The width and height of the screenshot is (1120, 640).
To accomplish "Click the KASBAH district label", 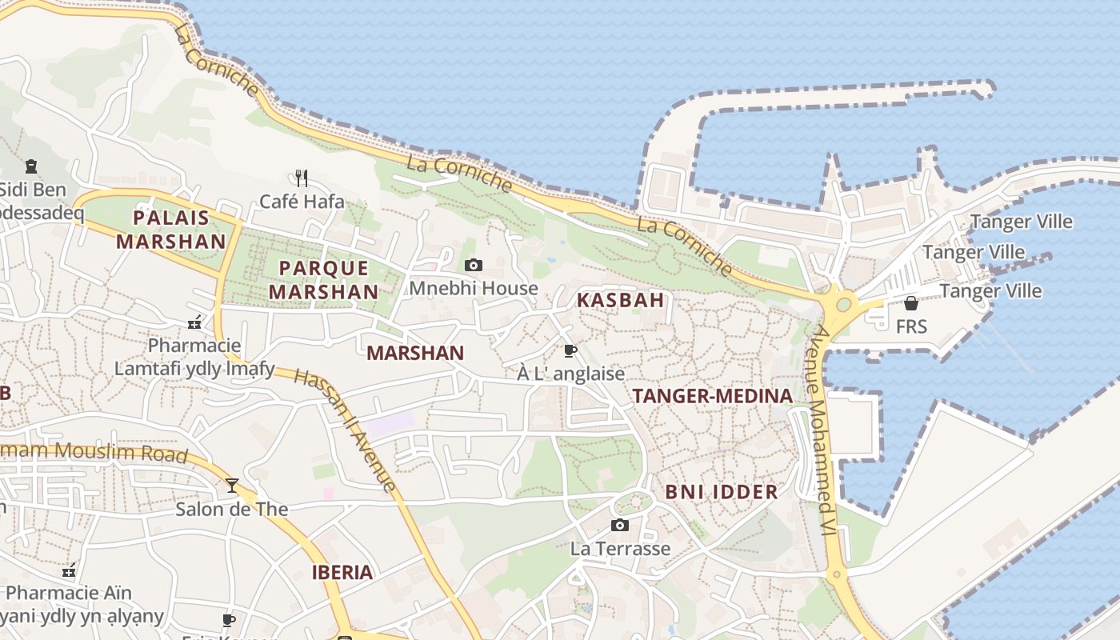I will click(621, 301).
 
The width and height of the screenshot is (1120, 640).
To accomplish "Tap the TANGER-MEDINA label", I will click(712, 396).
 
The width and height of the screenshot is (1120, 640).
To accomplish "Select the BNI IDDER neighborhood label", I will click(722, 492).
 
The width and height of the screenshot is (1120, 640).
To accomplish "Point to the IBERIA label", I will click(342, 572).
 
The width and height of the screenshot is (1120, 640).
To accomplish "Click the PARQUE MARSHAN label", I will click(323, 280).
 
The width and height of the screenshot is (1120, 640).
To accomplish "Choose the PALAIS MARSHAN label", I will click(171, 230).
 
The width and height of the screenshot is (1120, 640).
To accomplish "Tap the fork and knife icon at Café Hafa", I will click(302, 178).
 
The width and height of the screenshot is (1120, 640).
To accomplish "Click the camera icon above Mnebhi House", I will click(474, 265).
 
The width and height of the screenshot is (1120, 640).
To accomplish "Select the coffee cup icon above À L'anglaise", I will click(570, 350).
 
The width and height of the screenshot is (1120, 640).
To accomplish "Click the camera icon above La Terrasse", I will click(619, 525).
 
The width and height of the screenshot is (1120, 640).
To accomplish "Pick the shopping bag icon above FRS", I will click(910, 302).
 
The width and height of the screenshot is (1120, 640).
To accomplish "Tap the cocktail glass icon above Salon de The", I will click(232, 485).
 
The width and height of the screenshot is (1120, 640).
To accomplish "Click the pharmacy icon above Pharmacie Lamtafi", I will click(194, 322).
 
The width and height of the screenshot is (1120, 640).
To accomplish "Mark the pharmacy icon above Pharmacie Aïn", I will click(70, 570).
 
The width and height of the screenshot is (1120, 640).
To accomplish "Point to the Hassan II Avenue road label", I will click(345, 430).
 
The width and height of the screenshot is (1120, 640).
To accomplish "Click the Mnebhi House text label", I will click(474, 288).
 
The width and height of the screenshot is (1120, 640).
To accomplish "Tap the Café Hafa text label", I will click(302, 202).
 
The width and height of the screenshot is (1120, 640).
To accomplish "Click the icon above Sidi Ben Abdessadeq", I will click(31, 166).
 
